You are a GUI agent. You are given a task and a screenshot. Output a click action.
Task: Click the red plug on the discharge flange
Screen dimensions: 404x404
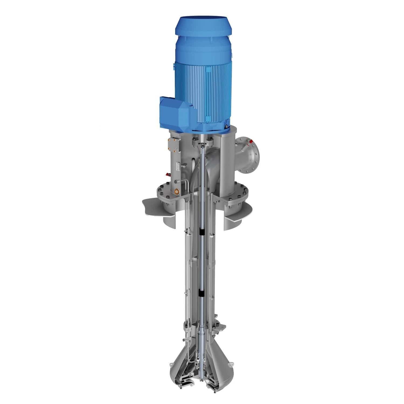[x=252, y=141]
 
